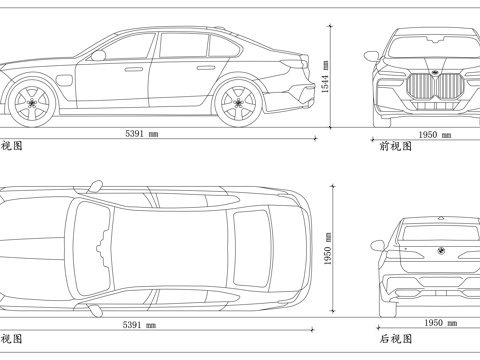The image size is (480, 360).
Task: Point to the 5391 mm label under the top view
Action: pyautogui.click(x=141, y=325)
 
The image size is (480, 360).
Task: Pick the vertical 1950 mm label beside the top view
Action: pyautogui.click(x=325, y=253)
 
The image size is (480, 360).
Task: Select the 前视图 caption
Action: pyautogui.click(x=396, y=145)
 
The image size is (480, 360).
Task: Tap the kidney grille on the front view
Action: pyautogui.click(x=433, y=88)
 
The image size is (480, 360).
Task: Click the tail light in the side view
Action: pyautogui.click(x=292, y=66)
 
